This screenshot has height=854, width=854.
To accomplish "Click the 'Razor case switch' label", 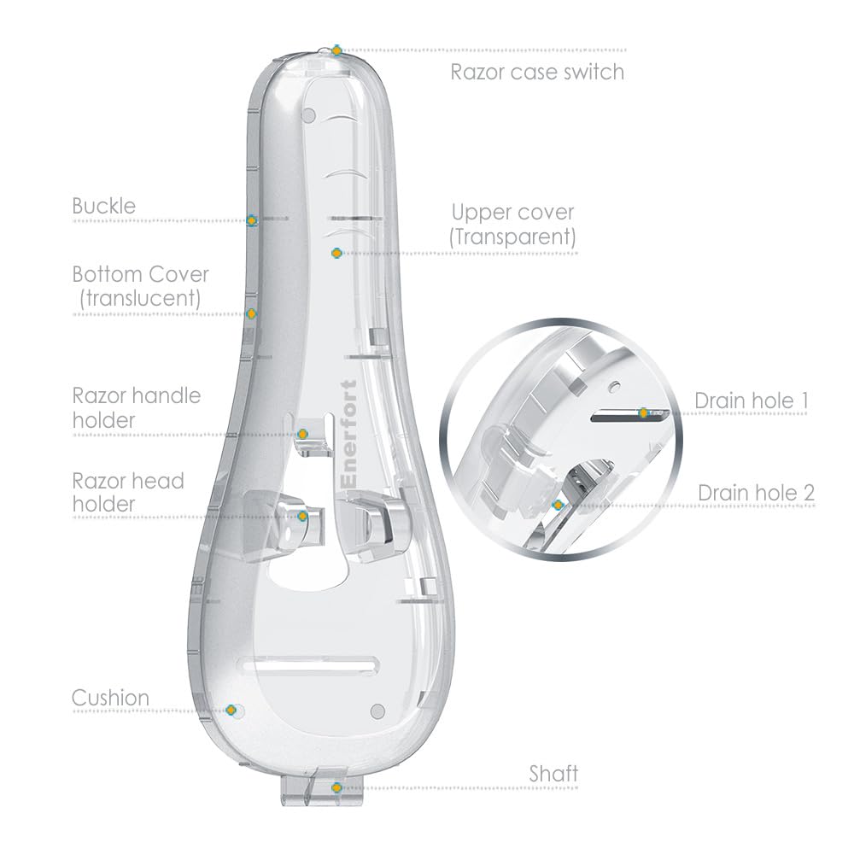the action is [x=537, y=72].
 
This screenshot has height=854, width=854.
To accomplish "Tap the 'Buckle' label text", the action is [x=104, y=206].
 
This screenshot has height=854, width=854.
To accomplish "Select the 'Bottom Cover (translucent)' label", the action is [x=141, y=286].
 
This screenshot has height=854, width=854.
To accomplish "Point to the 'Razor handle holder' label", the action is [x=137, y=408].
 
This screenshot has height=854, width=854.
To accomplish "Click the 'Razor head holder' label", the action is [x=128, y=493].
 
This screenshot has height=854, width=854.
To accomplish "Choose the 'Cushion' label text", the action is [x=110, y=698].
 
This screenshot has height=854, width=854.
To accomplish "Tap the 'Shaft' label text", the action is [x=553, y=774].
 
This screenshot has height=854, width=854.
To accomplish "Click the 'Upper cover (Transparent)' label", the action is [x=512, y=225].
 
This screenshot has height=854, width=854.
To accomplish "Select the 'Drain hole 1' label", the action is [x=752, y=401].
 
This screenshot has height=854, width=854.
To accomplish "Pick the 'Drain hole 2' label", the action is [x=756, y=493].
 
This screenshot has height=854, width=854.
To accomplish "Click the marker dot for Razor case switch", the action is [x=337, y=50].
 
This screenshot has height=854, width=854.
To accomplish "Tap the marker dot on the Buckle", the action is [x=251, y=220].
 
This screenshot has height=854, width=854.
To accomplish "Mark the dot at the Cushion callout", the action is [x=231, y=711].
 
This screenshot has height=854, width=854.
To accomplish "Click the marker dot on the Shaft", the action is [x=336, y=787].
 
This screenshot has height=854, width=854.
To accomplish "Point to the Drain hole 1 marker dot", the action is [x=644, y=413].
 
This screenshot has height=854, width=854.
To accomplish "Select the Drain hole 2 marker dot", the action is [x=557, y=506].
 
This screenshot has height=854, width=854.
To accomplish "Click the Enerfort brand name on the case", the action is [x=348, y=434].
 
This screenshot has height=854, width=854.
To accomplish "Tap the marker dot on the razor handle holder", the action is [x=303, y=435].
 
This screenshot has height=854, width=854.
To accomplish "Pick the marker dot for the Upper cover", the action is [x=336, y=254].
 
